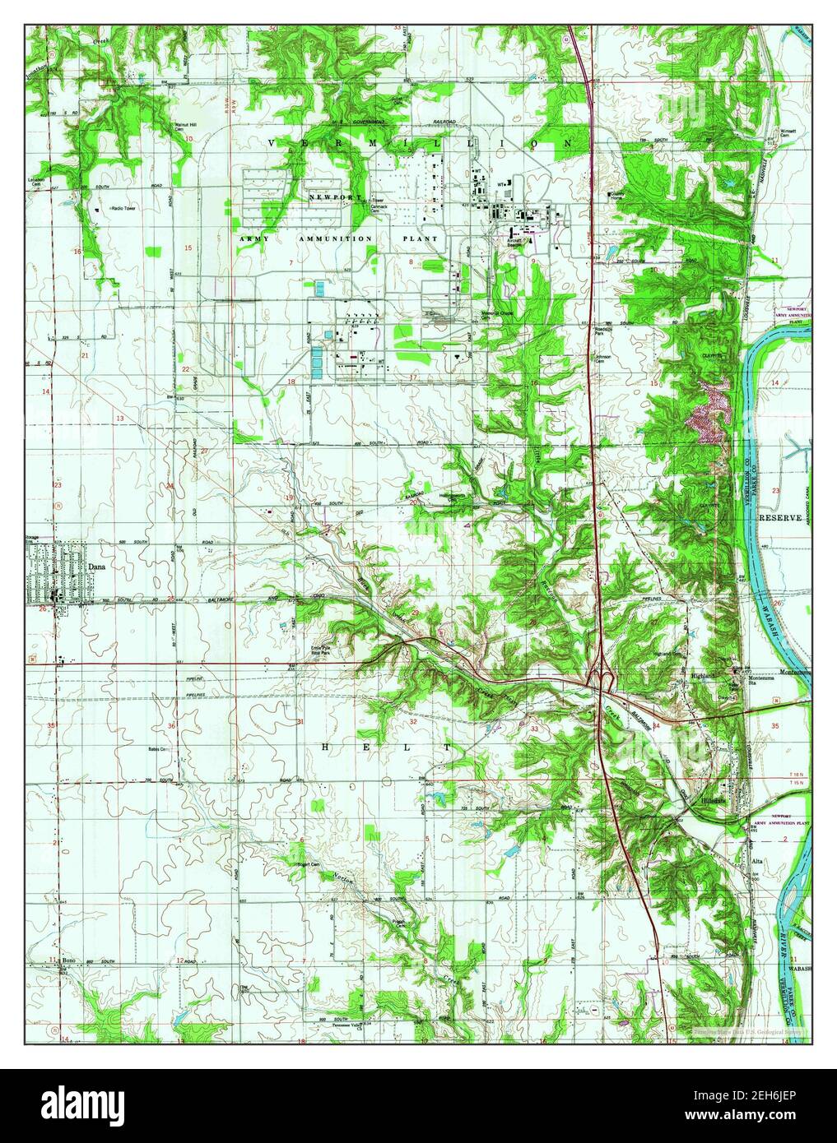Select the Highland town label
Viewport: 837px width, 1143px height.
(x=702, y=674)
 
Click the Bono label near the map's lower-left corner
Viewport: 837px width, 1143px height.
(x=68, y=960)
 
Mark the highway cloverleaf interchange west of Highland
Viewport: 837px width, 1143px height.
(x=605, y=678)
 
